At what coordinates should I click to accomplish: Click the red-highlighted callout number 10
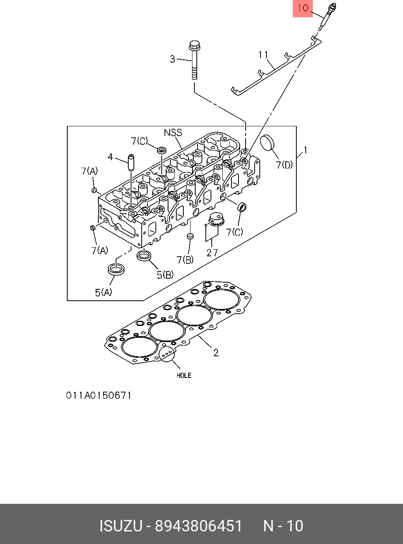click(303, 8)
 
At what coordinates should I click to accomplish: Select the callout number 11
click(263, 55)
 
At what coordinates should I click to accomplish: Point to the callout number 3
click(172, 59)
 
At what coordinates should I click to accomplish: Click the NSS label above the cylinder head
click(173, 133)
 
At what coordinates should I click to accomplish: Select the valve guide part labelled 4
click(130, 163)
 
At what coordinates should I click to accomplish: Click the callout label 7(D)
click(284, 165)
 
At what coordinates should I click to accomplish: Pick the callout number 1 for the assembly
click(305, 150)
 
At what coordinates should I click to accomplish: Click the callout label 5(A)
click(104, 292)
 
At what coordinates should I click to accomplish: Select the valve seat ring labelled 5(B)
click(144, 255)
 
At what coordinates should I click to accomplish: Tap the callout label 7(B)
click(185, 260)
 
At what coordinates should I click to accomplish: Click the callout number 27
click(212, 252)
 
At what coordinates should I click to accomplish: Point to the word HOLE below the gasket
click(184, 376)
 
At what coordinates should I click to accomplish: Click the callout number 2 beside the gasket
click(216, 353)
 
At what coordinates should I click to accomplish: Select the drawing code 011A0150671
click(98, 396)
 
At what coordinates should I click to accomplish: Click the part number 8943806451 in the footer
click(198, 526)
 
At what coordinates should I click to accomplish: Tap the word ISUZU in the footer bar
click(120, 526)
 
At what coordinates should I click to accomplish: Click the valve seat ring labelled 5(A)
click(116, 270)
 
